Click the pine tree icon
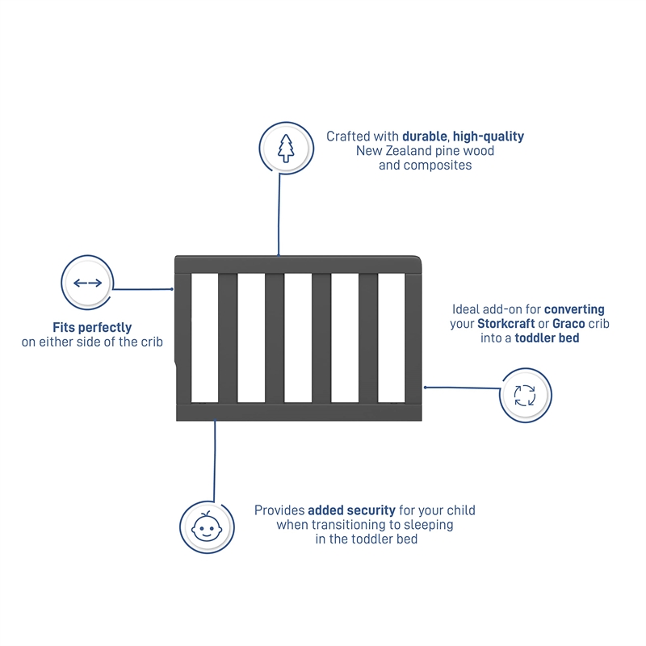click(x=286, y=149)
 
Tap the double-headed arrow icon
click(x=87, y=283)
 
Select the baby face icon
click(x=207, y=526)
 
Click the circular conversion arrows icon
click(x=525, y=396)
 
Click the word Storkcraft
click(x=506, y=324)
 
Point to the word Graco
click(x=568, y=324)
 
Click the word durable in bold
click(x=425, y=136)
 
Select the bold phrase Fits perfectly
click(x=92, y=328)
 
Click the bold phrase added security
click(x=351, y=510)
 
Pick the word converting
click(x=574, y=309)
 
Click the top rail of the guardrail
click(x=298, y=265)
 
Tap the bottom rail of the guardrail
click(x=299, y=412)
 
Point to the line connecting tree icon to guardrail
click(x=279, y=214)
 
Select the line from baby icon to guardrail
click(x=214, y=460)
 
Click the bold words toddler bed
click(x=547, y=338)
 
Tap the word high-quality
click(x=489, y=136)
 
